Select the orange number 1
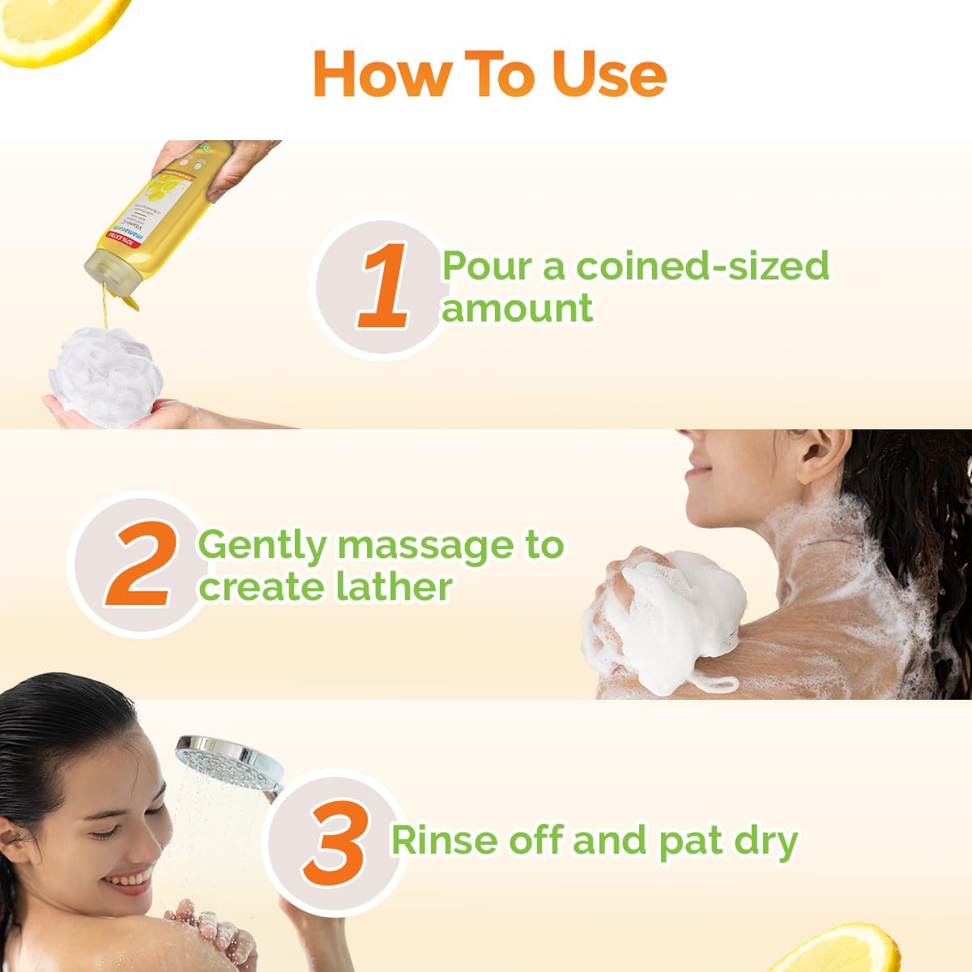(x=385, y=288)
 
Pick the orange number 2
(x=142, y=566)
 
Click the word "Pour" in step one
(x=488, y=266)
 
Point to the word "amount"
(x=517, y=309)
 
